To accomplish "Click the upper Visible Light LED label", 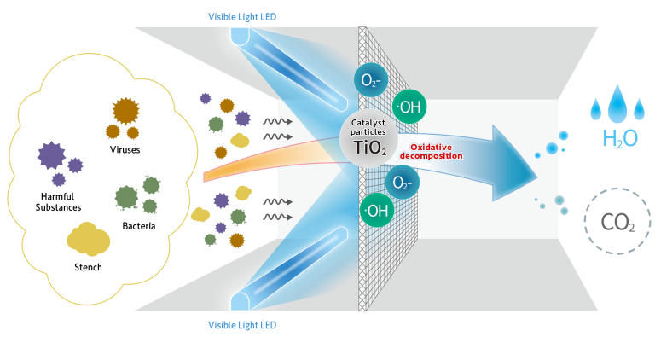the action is click(242, 17).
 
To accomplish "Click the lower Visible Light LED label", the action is click(242, 325).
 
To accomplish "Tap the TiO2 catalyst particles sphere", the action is click(368, 139).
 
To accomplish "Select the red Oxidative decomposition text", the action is click(431, 152).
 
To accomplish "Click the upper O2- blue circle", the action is click(371, 80).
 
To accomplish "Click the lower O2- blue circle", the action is click(403, 182).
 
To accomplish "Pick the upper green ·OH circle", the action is click(409, 107).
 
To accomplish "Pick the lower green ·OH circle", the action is click(377, 210).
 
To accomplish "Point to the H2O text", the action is click(620, 138).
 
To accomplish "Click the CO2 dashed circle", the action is click(584, 221).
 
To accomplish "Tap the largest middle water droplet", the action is click(617, 103).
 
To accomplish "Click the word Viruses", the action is click(125, 149).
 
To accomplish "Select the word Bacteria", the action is click(139, 226).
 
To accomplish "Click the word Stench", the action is click(88, 267).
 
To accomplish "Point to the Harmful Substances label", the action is click(58, 201).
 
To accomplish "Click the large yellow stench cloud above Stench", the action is click(88, 239).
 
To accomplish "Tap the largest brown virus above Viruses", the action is click(125, 111).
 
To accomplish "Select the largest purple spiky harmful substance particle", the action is click(51, 155).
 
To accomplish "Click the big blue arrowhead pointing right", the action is click(514, 163).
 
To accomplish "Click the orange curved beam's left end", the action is click(205, 177).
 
